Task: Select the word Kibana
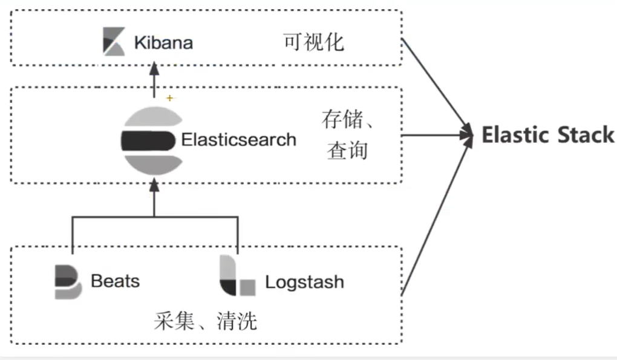point(163,43)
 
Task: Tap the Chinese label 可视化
point(313,42)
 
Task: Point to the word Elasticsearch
point(239,140)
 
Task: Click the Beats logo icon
point(68,281)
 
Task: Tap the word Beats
point(115,281)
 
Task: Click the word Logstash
point(304,283)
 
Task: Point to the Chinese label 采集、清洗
point(206,321)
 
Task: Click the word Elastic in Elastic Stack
point(514,135)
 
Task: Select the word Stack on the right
point(584,135)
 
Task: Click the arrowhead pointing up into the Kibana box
point(154,71)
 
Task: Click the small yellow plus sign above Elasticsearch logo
point(170,97)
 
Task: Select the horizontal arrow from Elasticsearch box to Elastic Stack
point(436,134)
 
